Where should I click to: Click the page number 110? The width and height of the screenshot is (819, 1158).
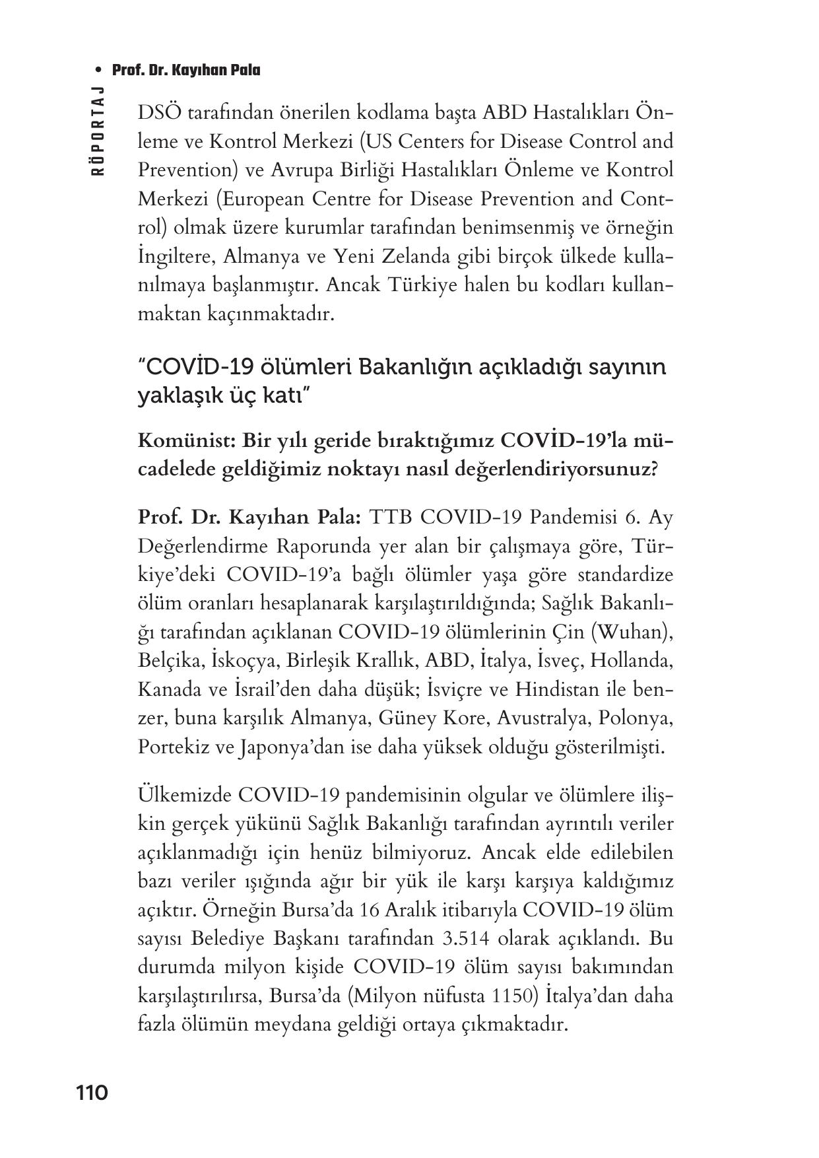(x=92, y=1093)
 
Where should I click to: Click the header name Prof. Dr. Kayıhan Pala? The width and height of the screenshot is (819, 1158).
(x=186, y=70)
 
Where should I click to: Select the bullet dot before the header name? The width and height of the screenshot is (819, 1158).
(x=98, y=71)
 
